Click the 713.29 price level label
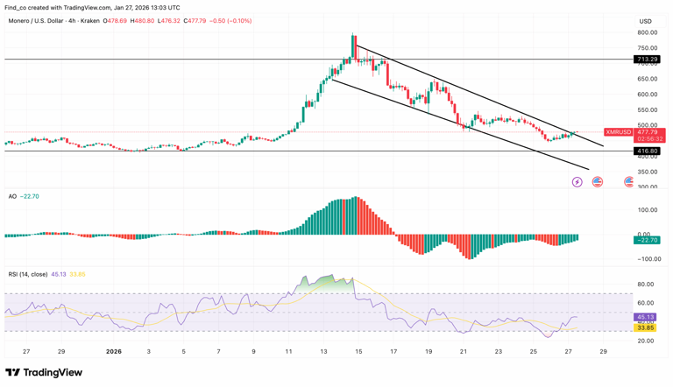pyautogui.click(x=647, y=60)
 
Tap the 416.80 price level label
pyautogui.click(x=647, y=151)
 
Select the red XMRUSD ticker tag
pyautogui.click(x=619, y=132)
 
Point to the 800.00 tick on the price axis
pyautogui.click(x=647, y=32)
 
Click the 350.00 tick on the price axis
pyautogui.click(x=647, y=172)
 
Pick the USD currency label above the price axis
pyautogui.click(x=646, y=21)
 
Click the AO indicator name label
pyautogui.click(x=12, y=196)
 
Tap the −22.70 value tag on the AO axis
pyautogui.click(x=648, y=240)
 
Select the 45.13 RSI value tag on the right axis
pyautogui.click(x=647, y=317)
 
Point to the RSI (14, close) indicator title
pyautogui.click(x=28, y=274)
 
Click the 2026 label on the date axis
pyautogui.click(x=113, y=351)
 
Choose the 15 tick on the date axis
pyautogui.click(x=358, y=351)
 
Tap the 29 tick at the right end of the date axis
pyautogui.click(x=603, y=351)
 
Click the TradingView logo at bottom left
pyautogui.click(x=44, y=373)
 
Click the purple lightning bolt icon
pyautogui.click(x=577, y=182)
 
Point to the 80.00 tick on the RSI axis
pyautogui.click(x=647, y=285)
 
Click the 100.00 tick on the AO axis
pyautogui.click(x=648, y=210)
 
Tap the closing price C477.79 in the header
pyautogui.click(x=202, y=21)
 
